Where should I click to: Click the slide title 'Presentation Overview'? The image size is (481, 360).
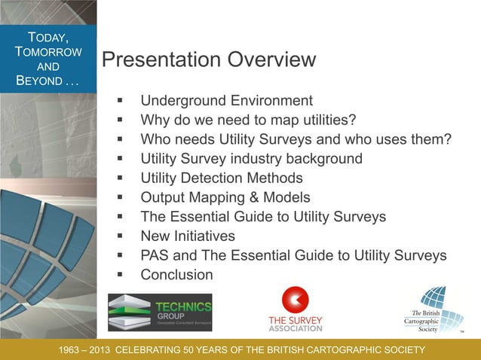pos(208,59)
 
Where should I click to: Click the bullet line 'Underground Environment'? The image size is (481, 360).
pos(226,100)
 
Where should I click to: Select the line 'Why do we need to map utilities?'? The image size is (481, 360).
pos(247,120)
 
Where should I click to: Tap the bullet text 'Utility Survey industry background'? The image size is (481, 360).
pos(251,159)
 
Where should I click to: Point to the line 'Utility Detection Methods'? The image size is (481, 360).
pos(222,178)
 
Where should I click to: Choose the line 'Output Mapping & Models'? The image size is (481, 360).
pos(225,198)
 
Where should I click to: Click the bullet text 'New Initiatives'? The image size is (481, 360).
pos(188,236)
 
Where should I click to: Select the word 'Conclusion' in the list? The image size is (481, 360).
pos(176,275)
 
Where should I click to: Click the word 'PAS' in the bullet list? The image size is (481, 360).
pos(156,256)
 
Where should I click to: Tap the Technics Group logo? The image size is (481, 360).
pos(160,312)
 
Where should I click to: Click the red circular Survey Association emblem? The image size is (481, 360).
pos(296,300)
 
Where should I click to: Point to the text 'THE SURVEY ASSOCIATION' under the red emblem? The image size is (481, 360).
pos(296,324)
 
